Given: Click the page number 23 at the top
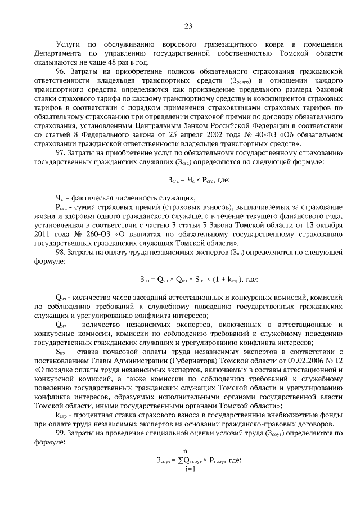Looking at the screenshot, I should coord(188,25).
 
